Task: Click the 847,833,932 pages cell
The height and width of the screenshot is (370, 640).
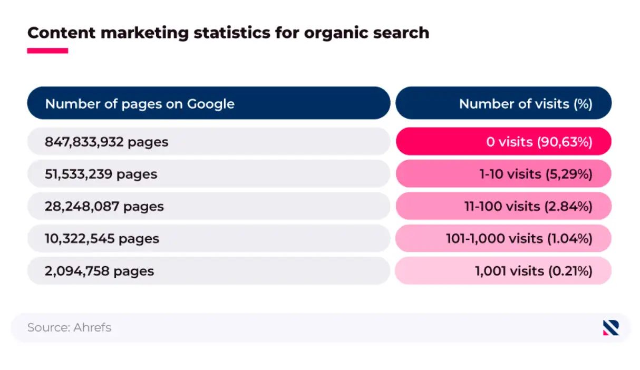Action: tap(209, 141)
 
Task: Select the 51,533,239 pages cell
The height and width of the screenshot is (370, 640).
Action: tap(209, 174)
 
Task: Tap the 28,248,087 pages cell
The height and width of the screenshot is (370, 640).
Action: tap(209, 206)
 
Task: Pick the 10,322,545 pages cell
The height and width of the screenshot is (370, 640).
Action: tap(209, 238)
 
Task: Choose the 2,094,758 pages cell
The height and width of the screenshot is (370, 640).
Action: tap(209, 270)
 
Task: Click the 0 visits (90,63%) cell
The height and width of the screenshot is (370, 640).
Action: tap(503, 141)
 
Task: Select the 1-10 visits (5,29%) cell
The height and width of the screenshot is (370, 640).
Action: tap(503, 174)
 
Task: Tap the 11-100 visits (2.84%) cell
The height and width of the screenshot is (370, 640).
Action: tap(503, 206)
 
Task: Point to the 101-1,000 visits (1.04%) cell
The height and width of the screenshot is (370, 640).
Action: tap(503, 238)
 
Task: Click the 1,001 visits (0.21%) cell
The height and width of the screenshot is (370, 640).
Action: tap(503, 270)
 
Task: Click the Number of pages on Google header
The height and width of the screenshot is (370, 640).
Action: tap(209, 103)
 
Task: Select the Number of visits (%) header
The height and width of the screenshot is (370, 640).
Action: tap(503, 103)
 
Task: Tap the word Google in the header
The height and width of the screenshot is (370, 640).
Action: tap(210, 104)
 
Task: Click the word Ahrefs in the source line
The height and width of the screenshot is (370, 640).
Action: tap(92, 327)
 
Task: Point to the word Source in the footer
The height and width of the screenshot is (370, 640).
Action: tap(49, 327)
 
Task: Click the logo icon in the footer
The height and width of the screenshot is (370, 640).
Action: tap(611, 328)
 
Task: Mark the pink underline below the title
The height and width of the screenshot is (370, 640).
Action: tap(48, 51)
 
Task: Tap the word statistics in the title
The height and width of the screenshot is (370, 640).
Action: tap(232, 33)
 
